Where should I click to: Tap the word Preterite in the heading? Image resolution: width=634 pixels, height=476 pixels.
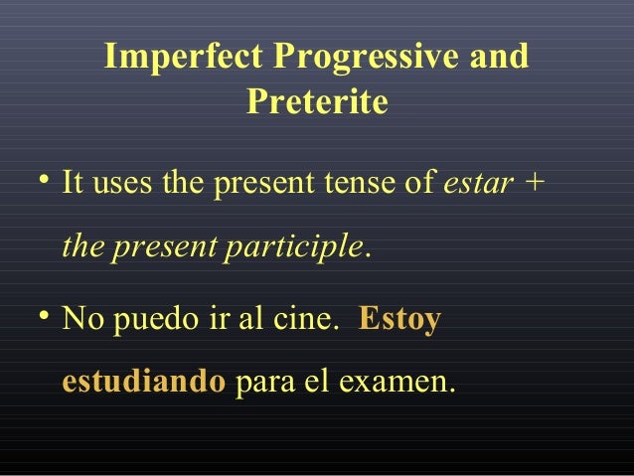pos(316,101)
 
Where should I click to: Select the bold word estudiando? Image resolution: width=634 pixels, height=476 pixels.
pos(144,383)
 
